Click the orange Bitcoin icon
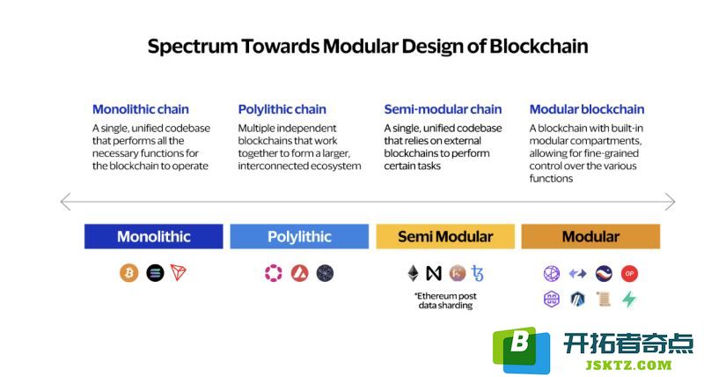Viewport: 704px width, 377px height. pos(128,273)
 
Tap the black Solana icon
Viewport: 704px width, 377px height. pos(155,273)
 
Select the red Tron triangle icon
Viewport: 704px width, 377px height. pos(179,273)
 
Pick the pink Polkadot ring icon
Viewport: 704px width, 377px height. pos(273,273)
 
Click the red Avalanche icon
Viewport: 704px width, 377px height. pos(299,273)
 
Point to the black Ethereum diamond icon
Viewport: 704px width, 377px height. pos(413,273)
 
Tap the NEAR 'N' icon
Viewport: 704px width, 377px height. pos(434,273)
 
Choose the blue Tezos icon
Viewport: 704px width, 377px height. pos(477,273)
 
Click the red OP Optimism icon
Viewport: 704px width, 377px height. pos(629,273)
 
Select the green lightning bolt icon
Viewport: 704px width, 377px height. pos(629,299)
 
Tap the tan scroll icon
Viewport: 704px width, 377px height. pos(604,299)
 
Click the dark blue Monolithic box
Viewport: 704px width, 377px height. pos(153,236)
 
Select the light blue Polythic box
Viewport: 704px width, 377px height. pos(299,236)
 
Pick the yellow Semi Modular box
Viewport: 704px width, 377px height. pos(445,236)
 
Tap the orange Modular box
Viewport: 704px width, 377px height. pos(590,236)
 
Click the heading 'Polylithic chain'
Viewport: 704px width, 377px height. pos(282,109)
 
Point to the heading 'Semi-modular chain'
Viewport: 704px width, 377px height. pos(443,109)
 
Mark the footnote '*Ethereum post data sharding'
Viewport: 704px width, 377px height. pos(445,300)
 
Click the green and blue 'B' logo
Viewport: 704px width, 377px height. pos(521,350)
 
